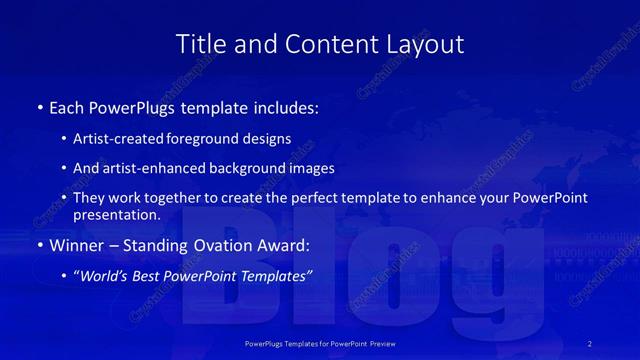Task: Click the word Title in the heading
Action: [x=198, y=44]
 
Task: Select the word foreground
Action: [x=201, y=139]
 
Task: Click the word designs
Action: [x=265, y=139]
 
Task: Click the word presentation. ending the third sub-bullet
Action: [x=116, y=215]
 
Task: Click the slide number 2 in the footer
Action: [x=591, y=343]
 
